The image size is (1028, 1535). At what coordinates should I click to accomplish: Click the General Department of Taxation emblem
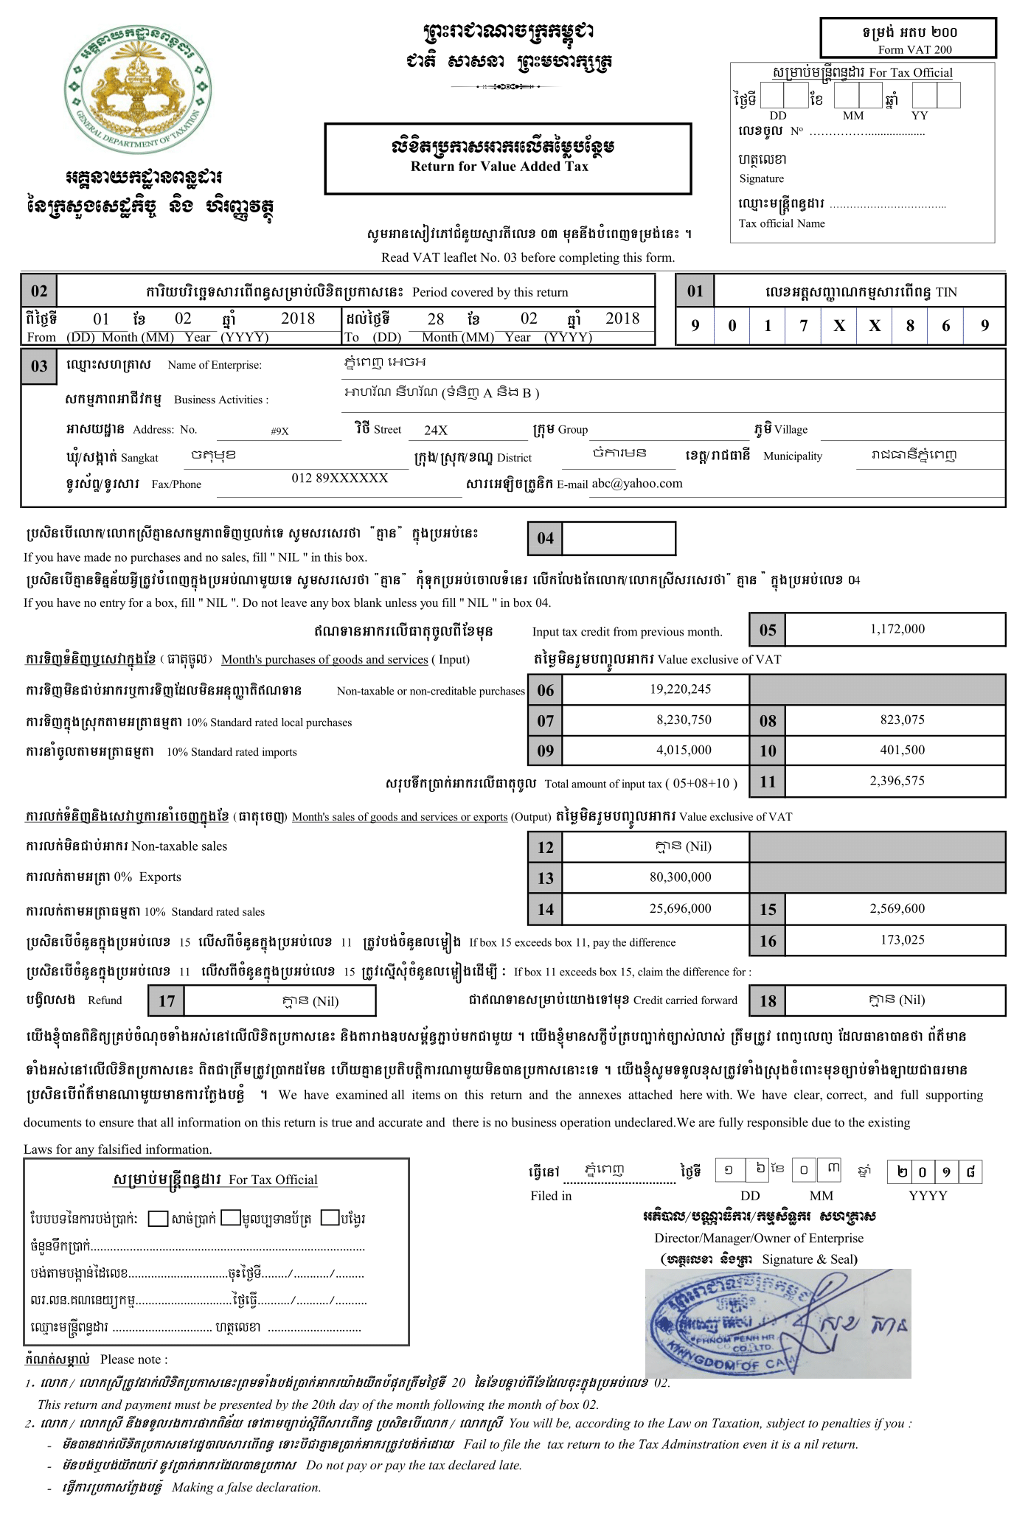(x=137, y=88)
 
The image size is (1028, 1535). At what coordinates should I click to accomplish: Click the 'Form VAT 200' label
(x=914, y=49)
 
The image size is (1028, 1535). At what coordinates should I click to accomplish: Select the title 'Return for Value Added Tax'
(x=499, y=167)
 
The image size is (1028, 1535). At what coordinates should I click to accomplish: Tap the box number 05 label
(x=768, y=630)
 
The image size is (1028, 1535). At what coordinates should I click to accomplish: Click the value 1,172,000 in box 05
(x=897, y=629)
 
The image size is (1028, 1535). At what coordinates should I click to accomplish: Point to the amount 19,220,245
(x=680, y=689)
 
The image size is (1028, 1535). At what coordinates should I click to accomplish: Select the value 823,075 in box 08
(x=902, y=720)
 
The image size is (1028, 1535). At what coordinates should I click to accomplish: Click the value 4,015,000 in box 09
(x=684, y=750)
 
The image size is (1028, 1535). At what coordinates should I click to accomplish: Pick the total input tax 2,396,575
(x=897, y=781)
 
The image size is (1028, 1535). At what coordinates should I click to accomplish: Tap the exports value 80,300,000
(x=680, y=877)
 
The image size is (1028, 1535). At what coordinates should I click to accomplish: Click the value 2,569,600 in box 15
(x=897, y=908)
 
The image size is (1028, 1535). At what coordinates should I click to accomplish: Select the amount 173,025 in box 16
(x=902, y=939)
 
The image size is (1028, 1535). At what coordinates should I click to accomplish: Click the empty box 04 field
(x=619, y=538)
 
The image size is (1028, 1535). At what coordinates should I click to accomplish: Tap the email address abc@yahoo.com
(x=637, y=484)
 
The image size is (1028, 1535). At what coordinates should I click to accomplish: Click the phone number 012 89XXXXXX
(x=339, y=478)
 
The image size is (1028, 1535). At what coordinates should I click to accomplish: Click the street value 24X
(x=436, y=430)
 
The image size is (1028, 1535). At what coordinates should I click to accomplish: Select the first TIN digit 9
(x=695, y=326)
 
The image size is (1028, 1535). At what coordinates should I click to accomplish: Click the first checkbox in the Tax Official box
(x=158, y=1219)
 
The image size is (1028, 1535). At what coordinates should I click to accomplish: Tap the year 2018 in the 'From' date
(x=298, y=319)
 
